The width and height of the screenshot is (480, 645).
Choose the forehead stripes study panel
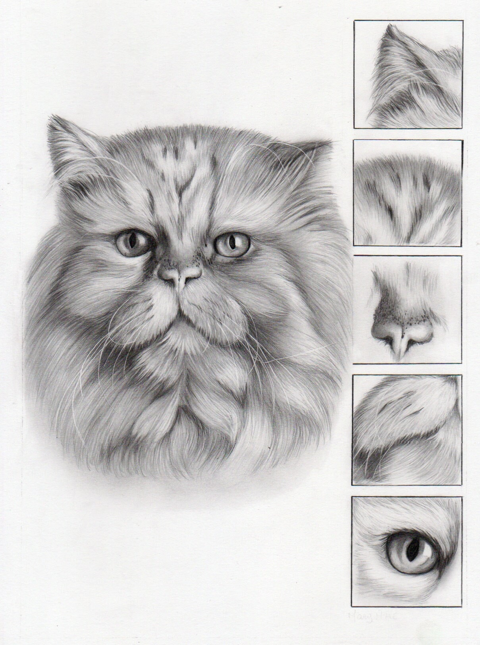pos(408,192)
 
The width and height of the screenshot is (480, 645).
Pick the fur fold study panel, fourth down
pos(407,429)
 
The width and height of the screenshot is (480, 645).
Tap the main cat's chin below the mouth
pos(181,329)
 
